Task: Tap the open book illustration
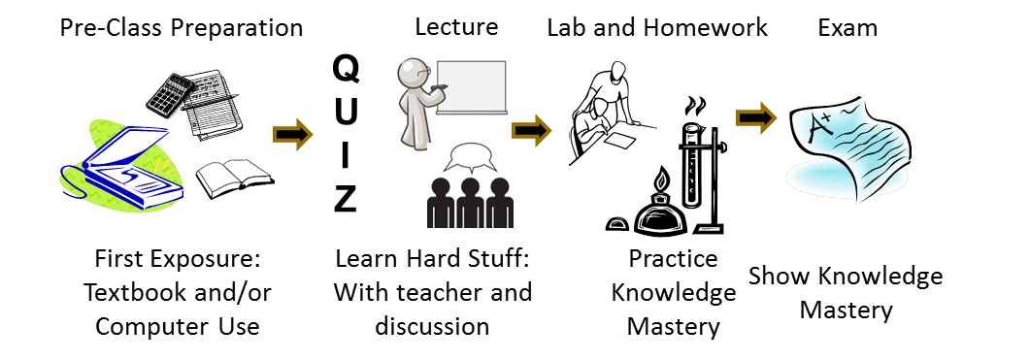coord(235,177)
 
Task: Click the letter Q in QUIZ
coord(345,70)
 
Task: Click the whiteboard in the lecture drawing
coord(472,88)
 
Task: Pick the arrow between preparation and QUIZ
coord(293,134)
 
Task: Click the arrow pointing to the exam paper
coord(757,117)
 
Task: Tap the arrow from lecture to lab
coord(531,130)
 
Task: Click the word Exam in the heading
coord(847,27)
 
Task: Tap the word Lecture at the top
coord(456,27)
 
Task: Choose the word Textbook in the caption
coord(134,293)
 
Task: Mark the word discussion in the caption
coord(432,326)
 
